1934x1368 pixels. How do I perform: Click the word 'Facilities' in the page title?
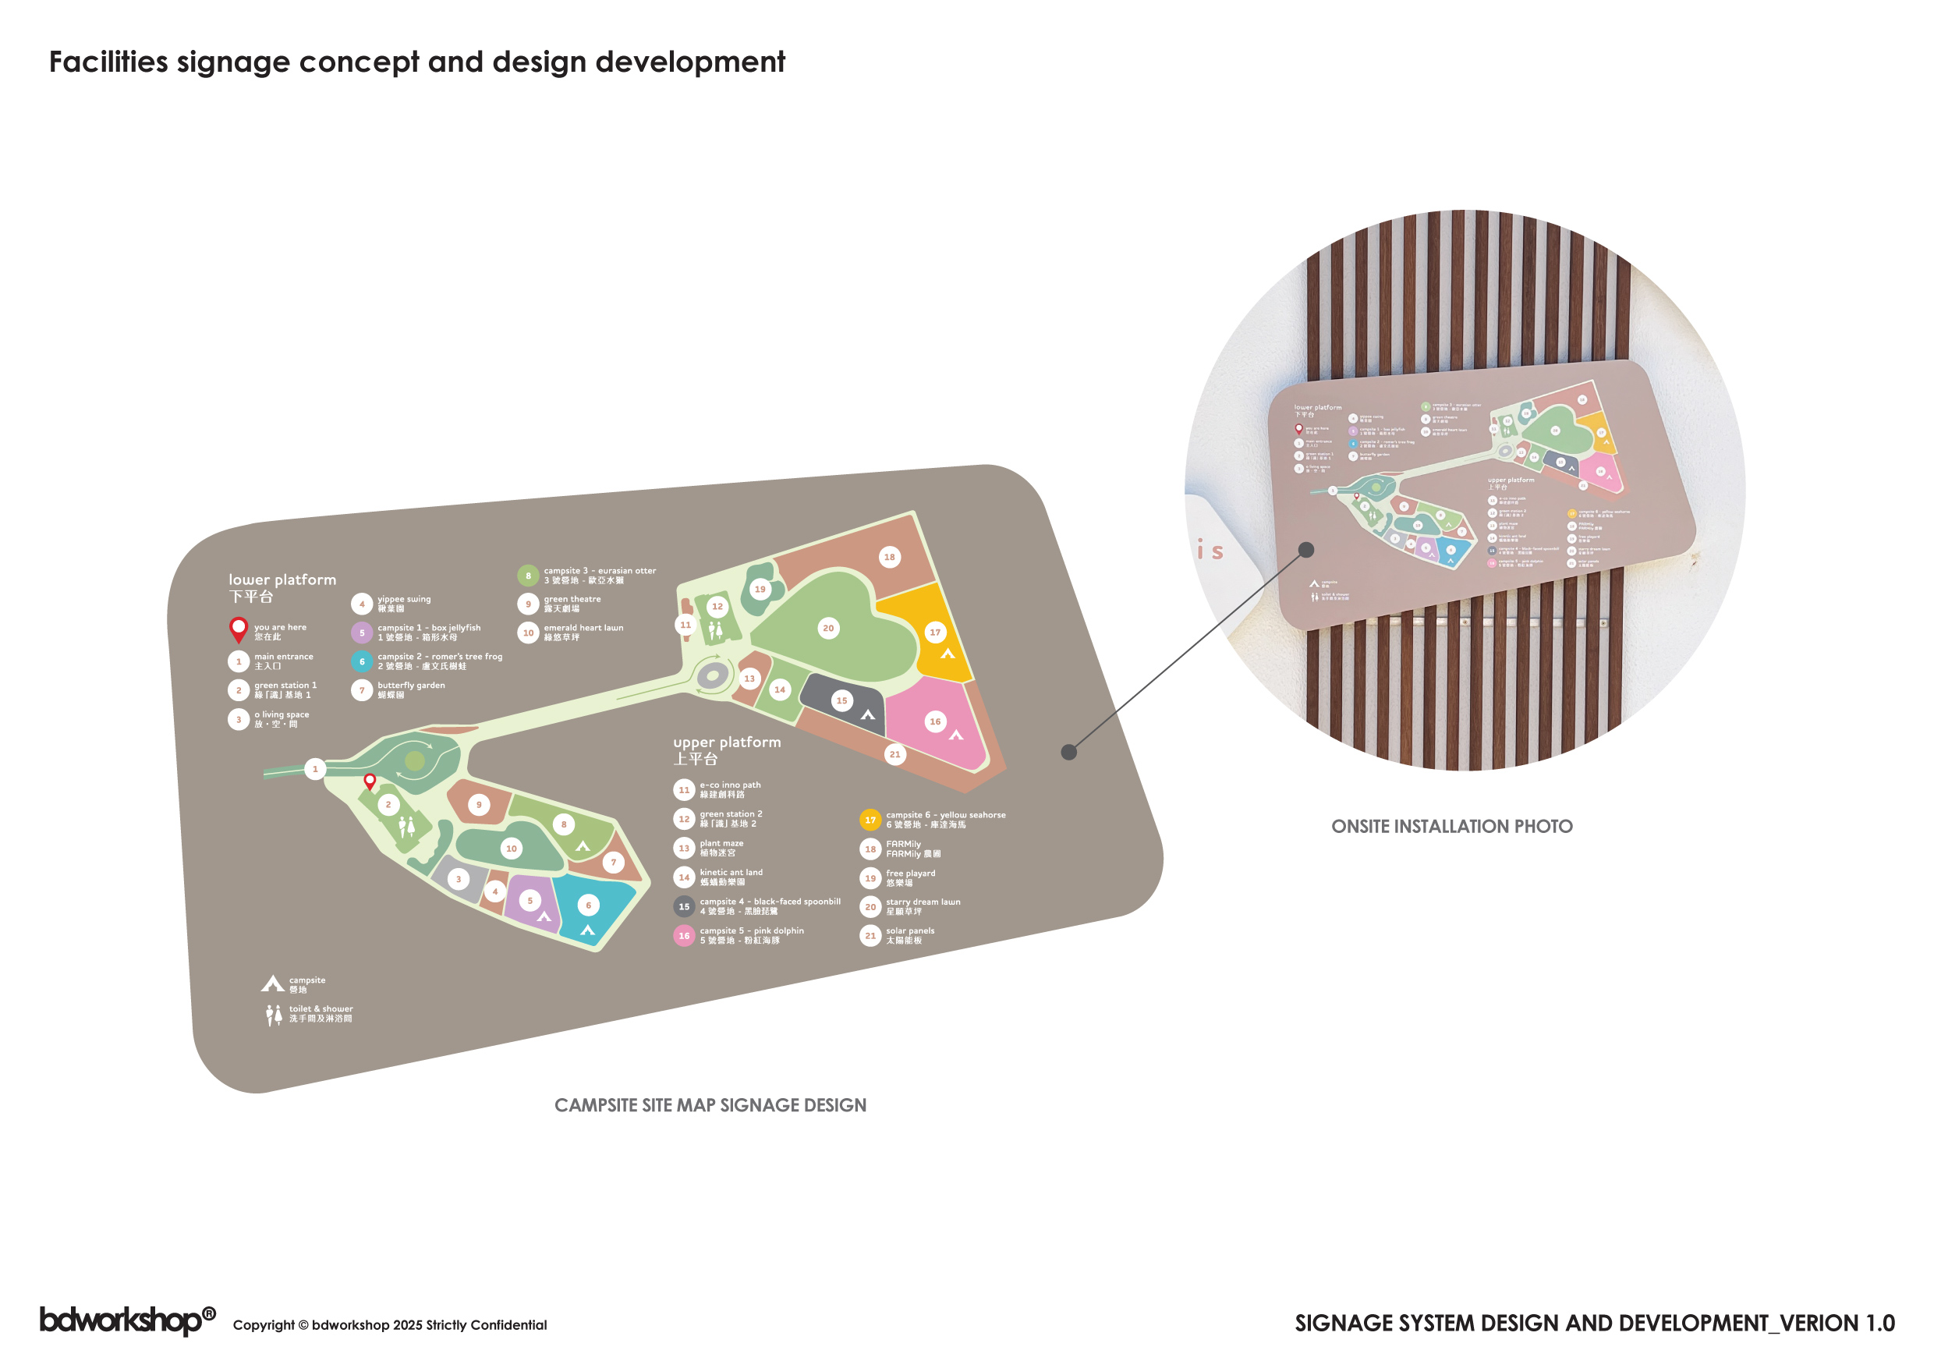click(108, 62)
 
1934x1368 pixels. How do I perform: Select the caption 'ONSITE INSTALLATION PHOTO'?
click(1451, 827)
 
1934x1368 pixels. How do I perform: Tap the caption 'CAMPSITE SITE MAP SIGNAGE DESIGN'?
click(710, 1105)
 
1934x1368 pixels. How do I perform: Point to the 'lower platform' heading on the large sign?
click(282, 579)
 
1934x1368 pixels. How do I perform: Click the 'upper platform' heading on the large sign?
click(727, 742)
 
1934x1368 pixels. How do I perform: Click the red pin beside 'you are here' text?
click(239, 629)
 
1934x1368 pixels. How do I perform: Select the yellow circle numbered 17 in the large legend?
click(870, 820)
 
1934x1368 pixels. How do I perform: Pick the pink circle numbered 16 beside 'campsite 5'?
click(684, 936)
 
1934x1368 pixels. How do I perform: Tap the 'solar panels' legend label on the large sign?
click(910, 930)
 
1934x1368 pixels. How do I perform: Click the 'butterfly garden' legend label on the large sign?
click(411, 686)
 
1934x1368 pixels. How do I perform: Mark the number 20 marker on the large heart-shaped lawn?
click(828, 628)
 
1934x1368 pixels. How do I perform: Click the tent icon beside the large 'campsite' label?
click(272, 983)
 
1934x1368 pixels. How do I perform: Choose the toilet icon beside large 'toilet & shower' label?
click(274, 1015)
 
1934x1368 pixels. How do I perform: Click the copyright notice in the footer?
click(389, 1325)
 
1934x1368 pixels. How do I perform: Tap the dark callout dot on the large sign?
click(1069, 752)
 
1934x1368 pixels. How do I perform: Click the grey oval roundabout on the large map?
click(713, 675)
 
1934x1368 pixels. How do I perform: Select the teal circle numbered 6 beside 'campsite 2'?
click(362, 662)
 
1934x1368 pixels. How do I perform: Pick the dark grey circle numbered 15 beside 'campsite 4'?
click(684, 906)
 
